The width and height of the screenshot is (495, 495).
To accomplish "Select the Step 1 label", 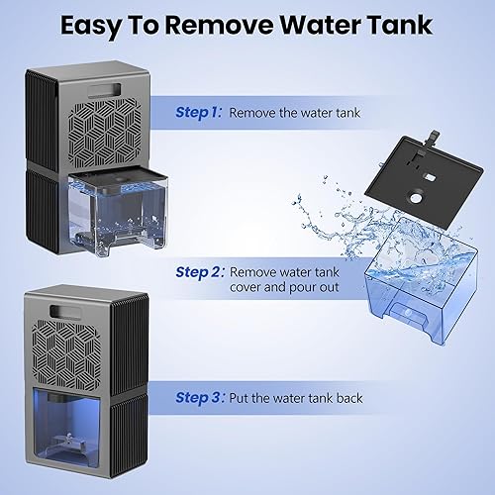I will point(198,113).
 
